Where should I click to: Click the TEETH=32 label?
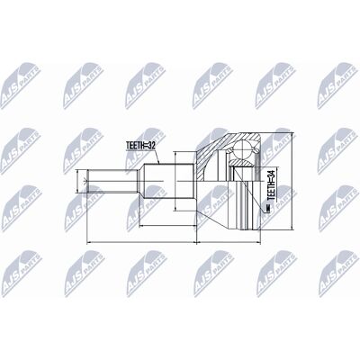click(140, 145)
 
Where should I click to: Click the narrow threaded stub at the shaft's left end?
click(112, 181)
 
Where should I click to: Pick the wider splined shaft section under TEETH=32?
click(168, 181)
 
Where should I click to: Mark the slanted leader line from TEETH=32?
click(157, 157)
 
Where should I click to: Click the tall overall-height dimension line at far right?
click(292, 181)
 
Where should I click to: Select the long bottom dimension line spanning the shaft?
click(141, 242)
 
